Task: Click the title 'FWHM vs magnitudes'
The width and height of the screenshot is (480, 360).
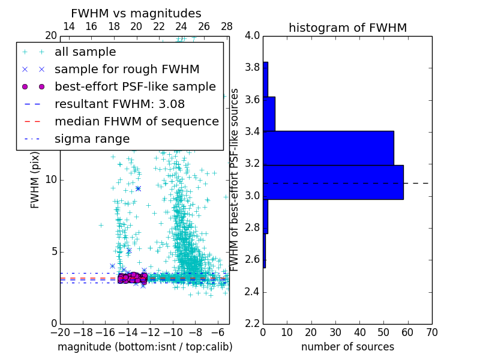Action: point(136,13)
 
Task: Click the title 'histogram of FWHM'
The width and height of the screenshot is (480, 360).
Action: point(347,28)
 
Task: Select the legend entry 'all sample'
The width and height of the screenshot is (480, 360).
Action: point(85,52)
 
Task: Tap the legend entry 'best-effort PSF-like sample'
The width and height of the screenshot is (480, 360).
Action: point(135,86)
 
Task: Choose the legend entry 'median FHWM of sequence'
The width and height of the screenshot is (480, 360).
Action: point(136,121)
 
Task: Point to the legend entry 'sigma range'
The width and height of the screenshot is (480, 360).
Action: point(92,139)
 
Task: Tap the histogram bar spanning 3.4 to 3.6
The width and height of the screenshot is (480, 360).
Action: point(269,113)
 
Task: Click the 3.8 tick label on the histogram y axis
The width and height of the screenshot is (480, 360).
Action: point(252,67)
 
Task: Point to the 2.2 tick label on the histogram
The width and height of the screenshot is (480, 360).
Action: point(252,324)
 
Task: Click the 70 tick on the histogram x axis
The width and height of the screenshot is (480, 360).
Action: point(431,332)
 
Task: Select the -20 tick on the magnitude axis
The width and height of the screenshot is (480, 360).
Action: point(60,332)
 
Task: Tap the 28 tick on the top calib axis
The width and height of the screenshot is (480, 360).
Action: point(226,26)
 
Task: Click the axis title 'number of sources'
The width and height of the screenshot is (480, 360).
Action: point(347,347)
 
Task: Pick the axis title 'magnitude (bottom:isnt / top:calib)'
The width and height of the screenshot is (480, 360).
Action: point(145,347)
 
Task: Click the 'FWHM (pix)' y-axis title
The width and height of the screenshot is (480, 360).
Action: point(35,179)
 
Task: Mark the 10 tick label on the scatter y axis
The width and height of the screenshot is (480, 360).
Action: point(51,179)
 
